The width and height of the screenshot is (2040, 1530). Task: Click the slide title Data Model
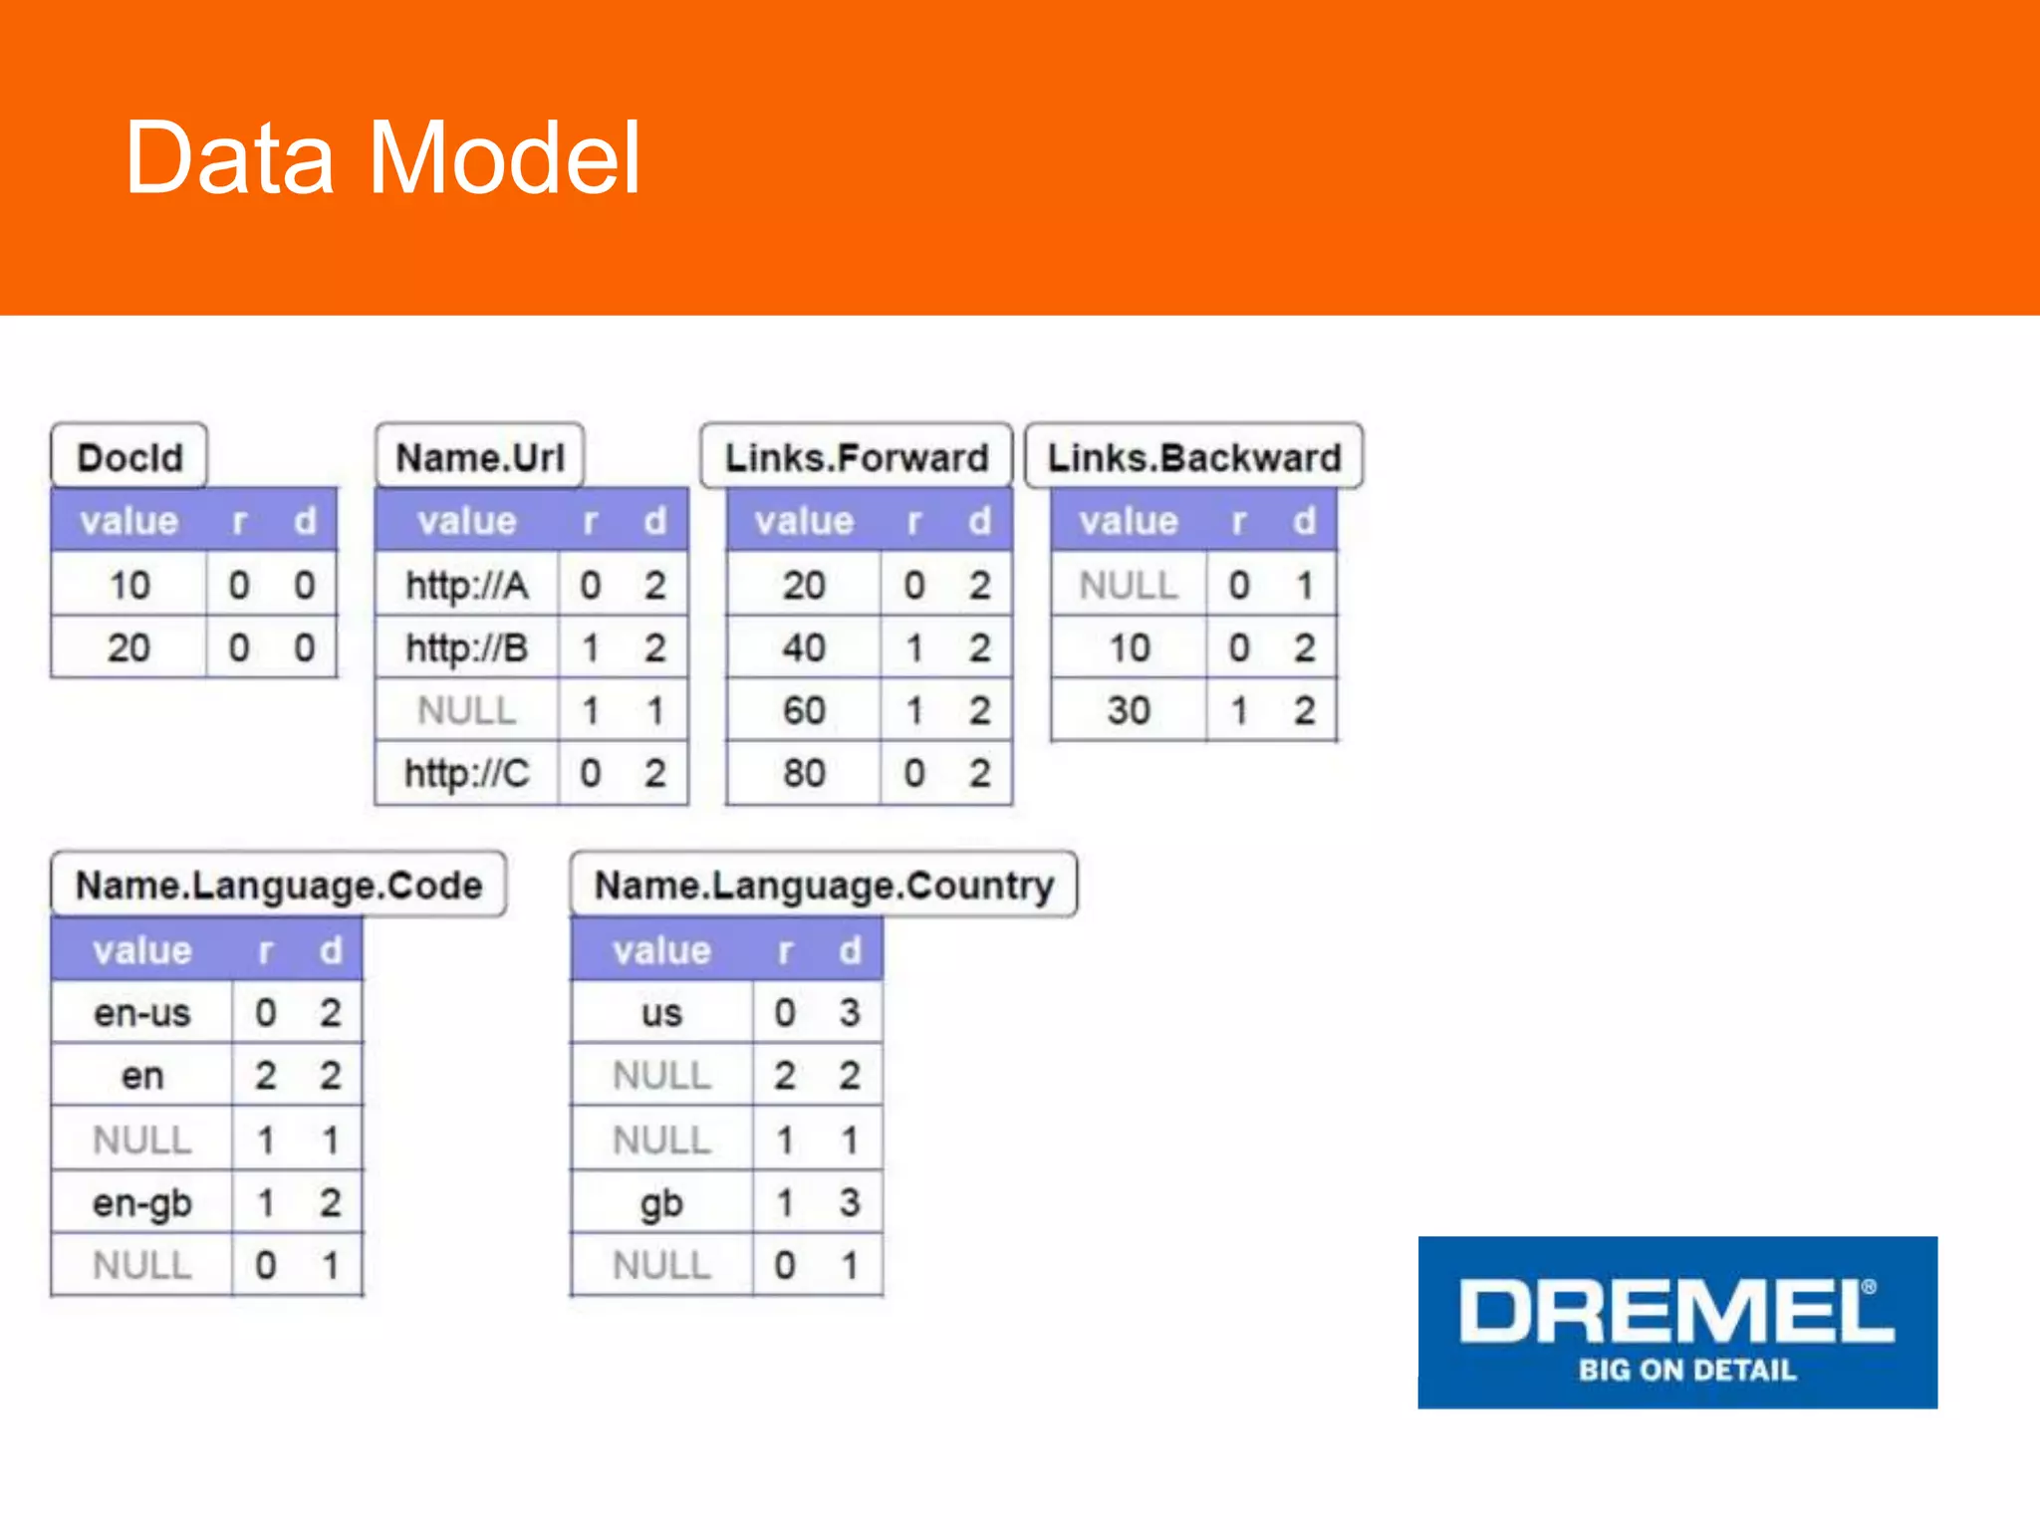(x=382, y=157)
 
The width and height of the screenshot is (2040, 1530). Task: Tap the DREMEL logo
(x=1676, y=1322)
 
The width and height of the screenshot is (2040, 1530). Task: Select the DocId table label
(x=129, y=457)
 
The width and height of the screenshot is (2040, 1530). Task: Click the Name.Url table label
(x=479, y=457)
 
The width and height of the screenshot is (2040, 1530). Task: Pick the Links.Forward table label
(x=856, y=457)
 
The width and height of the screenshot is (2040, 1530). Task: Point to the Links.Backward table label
(x=1193, y=457)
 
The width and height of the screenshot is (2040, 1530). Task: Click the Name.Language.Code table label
(x=279, y=885)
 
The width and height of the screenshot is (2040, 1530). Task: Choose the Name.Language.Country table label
(x=824, y=885)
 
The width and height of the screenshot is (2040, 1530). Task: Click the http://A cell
(x=466, y=585)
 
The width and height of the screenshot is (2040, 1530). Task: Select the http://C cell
(x=466, y=773)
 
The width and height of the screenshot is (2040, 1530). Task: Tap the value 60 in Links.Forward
(x=803, y=710)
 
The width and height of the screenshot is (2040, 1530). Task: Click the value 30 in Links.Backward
(x=1128, y=710)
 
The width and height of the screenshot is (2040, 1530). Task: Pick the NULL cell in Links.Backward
(x=1128, y=585)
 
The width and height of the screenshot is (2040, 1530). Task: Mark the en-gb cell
(x=141, y=1202)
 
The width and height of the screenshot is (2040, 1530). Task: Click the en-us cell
(x=141, y=1013)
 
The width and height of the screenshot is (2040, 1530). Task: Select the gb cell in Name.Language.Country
(x=661, y=1202)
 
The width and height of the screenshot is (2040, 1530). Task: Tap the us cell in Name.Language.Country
(x=661, y=1013)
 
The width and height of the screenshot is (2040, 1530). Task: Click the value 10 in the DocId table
(x=129, y=585)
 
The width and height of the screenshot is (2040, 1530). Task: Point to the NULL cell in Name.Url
(x=466, y=710)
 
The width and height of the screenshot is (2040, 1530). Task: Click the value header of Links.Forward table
(x=803, y=520)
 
